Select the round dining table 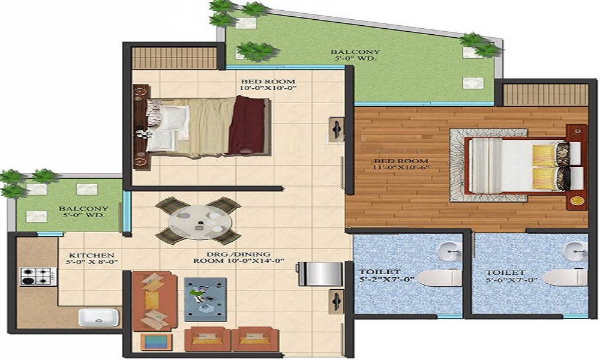coord(198,221)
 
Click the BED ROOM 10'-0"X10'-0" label coord(268,85)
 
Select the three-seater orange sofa coord(154,301)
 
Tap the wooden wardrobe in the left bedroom coord(175,58)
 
